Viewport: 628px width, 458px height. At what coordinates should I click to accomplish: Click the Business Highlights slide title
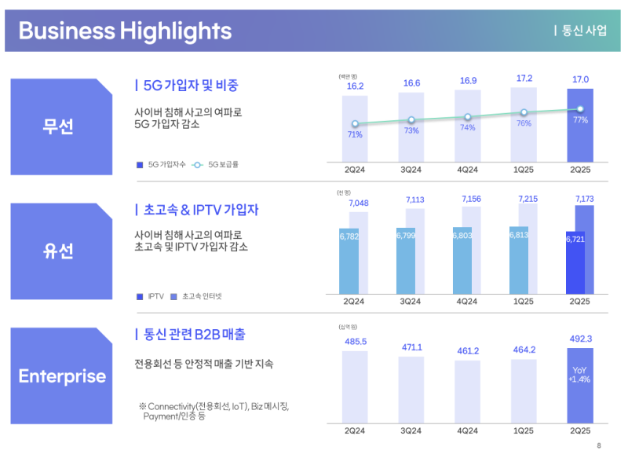125,31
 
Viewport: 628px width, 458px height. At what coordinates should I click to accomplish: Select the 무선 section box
57,126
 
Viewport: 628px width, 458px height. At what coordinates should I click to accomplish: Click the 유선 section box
57,251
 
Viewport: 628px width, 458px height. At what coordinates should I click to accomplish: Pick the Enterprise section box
62,376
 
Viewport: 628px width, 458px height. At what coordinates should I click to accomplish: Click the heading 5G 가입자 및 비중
191,85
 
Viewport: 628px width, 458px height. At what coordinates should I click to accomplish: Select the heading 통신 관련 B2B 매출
194,335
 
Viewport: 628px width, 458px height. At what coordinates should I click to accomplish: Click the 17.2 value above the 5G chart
524,79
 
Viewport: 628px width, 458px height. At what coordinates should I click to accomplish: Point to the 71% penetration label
355,135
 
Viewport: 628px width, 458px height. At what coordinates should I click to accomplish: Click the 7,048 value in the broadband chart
358,203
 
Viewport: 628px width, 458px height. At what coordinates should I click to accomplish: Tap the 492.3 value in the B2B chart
580,339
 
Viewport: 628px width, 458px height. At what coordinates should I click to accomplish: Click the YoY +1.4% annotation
579,374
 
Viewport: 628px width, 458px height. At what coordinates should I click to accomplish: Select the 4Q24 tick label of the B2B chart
467,431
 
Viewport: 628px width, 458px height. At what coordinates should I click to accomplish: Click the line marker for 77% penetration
580,109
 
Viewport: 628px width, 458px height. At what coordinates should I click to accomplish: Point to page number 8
599,445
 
